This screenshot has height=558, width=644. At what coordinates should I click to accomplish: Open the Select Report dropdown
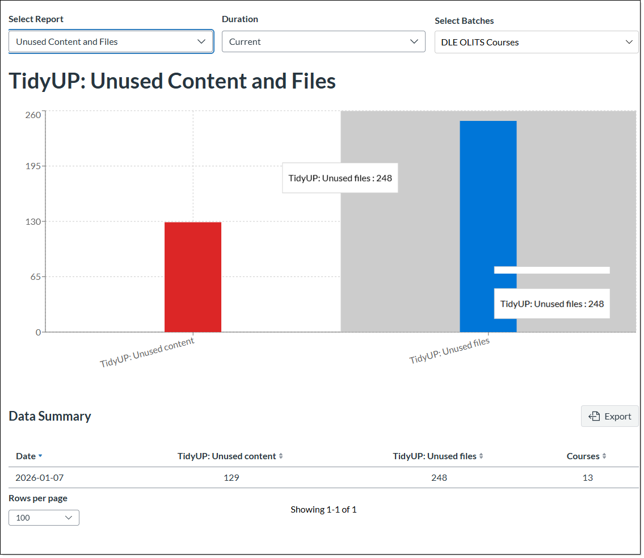pos(111,41)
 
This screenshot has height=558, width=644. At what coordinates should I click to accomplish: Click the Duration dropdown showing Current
pos(323,41)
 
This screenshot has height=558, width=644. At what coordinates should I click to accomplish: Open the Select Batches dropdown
pos(536,42)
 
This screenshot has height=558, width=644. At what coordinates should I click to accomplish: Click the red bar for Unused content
pos(193,277)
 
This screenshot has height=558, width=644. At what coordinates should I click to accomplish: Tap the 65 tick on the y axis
pos(35,277)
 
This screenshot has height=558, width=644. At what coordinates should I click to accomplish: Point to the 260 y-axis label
pos(33,115)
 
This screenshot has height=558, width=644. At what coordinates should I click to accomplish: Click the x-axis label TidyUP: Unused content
pos(148,353)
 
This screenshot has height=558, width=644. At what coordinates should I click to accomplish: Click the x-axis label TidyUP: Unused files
pos(449,351)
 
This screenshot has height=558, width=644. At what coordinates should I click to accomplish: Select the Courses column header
pos(583,456)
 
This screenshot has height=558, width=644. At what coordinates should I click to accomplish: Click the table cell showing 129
pos(231,478)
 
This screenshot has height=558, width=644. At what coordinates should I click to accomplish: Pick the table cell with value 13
pos(588,478)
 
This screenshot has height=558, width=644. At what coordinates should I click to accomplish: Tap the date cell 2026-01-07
pos(40,478)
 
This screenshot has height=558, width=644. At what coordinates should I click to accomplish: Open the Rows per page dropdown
pos(44,518)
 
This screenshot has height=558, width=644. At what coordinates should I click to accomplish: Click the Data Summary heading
pos(50,416)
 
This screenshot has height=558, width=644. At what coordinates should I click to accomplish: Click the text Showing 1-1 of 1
pos(323,510)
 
